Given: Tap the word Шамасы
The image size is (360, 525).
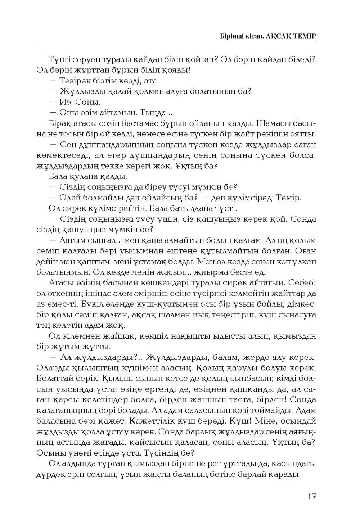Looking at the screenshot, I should tap(277, 123).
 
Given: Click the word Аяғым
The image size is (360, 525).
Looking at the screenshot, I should tap(72, 240).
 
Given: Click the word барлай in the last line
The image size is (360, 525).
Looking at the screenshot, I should tap(255, 474).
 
